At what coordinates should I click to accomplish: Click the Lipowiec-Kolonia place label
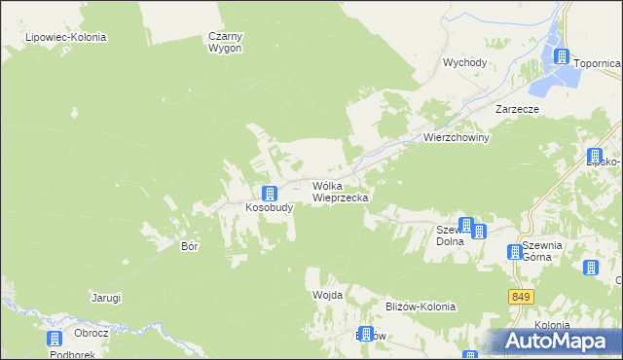click(66, 37)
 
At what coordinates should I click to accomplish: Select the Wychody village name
click(464, 62)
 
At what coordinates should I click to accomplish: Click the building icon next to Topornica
click(563, 56)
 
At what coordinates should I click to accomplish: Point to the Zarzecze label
click(516, 110)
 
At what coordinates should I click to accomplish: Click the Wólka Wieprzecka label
click(340, 191)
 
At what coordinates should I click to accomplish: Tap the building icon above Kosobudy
click(270, 193)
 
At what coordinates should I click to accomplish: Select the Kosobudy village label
click(269, 208)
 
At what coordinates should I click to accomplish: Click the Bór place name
click(190, 246)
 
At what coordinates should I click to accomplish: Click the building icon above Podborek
click(55, 339)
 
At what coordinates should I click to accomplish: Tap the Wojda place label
click(326, 294)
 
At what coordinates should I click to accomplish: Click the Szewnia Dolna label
click(449, 234)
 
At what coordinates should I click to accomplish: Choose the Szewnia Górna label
click(541, 251)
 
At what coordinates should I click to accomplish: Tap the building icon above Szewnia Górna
click(515, 253)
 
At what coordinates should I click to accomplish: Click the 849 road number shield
click(518, 295)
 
